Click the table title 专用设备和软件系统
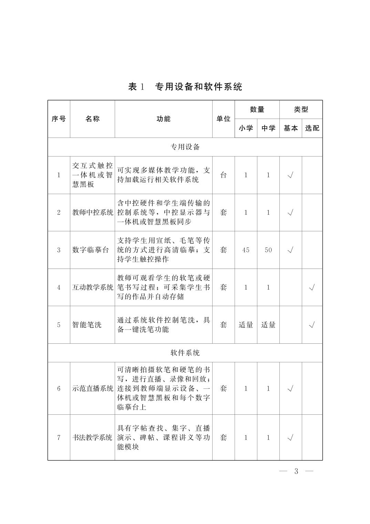198,87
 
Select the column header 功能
163,119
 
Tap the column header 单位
223,119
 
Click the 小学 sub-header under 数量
246,128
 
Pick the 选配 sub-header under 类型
312,128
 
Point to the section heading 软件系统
185,353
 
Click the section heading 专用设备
185,147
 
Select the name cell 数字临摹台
87,250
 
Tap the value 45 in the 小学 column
246,250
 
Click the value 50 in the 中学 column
268,250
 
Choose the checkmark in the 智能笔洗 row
312,325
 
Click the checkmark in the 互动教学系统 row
312,287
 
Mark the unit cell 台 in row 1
223,175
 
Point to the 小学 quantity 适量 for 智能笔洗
246,325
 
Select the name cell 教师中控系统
92,212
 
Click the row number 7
59,437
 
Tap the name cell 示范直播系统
92,389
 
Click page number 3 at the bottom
296,471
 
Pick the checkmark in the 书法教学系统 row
290,437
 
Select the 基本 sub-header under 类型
290,128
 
